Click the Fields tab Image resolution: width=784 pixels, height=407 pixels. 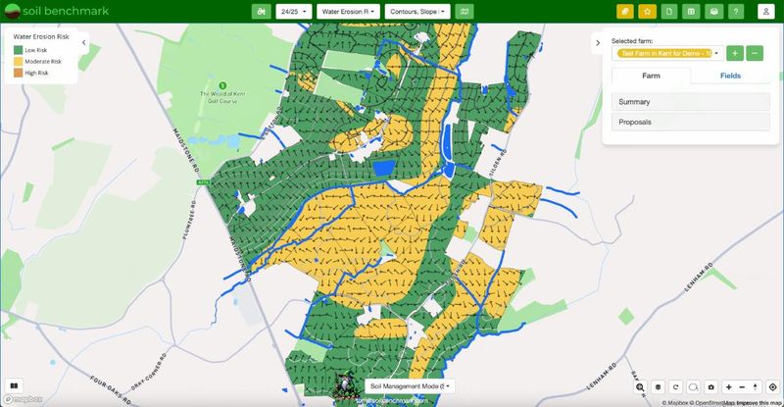(x=730, y=76)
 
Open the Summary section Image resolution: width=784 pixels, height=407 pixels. (x=690, y=101)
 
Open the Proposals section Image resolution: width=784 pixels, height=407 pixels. (x=690, y=122)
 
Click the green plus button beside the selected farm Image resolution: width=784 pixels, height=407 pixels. (x=735, y=53)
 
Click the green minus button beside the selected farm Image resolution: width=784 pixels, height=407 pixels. (x=755, y=53)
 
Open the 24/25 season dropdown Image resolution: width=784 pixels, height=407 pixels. (x=294, y=12)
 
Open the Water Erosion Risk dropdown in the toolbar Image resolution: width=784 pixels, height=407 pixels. (x=349, y=12)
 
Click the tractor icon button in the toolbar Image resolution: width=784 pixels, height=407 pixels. (x=261, y=12)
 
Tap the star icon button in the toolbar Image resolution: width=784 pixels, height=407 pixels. (x=647, y=12)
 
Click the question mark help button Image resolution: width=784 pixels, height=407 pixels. (x=736, y=12)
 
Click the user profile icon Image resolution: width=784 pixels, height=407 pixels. (x=766, y=12)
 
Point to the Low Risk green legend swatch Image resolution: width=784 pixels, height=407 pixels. (x=18, y=49)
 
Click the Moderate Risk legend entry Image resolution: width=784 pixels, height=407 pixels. (x=43, y=61)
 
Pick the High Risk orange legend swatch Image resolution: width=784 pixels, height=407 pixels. (x=18, y=73)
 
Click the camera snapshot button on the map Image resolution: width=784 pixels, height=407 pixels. (x=711, y=387)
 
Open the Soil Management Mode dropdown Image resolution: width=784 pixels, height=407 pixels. (x=410, y=387)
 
